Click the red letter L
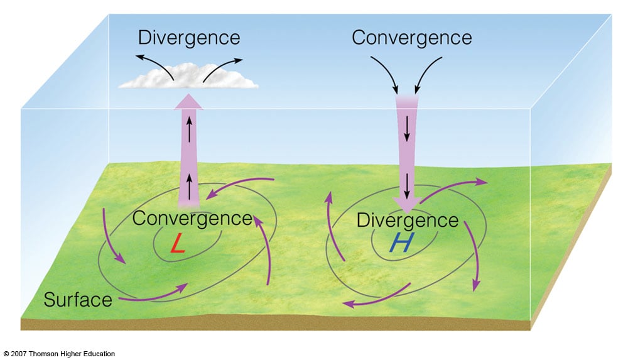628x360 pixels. coord(178,244)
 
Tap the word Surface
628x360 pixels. coord(78,299)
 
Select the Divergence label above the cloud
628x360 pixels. coord(189,37)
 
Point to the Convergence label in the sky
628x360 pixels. coord(411,37)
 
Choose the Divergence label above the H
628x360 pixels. coord(407,220)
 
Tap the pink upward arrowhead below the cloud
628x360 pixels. coord(188,101)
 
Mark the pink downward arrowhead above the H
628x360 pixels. coord(408,203)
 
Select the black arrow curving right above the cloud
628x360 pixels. coord(223,66)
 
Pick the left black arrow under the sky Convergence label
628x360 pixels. coord(385,74)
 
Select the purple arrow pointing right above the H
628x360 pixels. coord(453,187)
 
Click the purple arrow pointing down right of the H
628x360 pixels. coord(472,254)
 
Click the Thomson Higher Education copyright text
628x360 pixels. coord(59,354)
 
